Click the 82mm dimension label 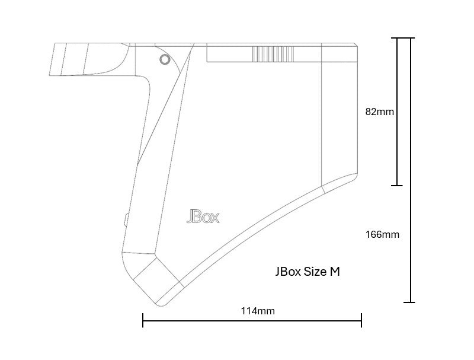coord(380,112)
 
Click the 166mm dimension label coord(382,234)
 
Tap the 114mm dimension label coord(258,311)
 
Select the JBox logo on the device coord(203,216)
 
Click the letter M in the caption coord(335,272)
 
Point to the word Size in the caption coord(315,272)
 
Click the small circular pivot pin coord(165,59)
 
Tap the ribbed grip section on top coord(273,54)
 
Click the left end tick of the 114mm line coord(143,320)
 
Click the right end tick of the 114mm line coord(361,320)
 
